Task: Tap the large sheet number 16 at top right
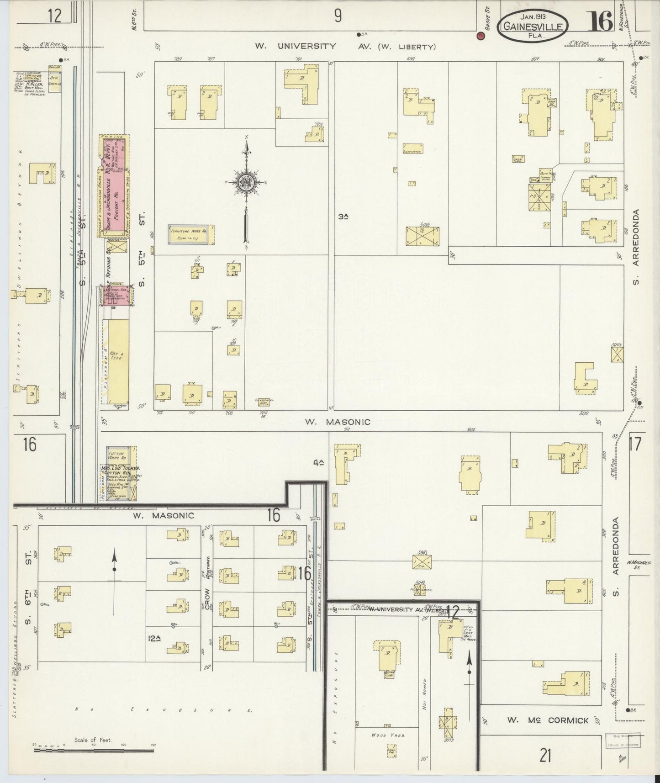[600, 21]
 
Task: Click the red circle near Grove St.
[480, 36]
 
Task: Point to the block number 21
[545, 756]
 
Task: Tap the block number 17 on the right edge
[635, 444]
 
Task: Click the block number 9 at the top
[337, 16]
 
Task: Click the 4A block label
[318, 463]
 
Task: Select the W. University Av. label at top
[296, 46]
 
